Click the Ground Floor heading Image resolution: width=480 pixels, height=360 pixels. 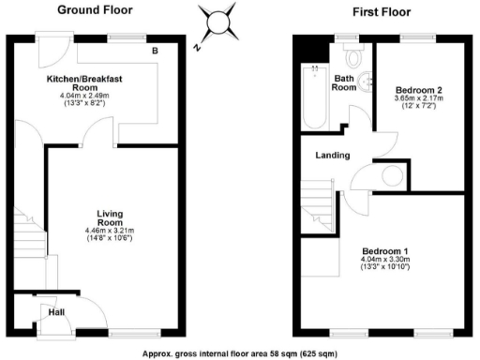click(x=95, y=11)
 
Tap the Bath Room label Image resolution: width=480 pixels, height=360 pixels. click(x=344, y=82)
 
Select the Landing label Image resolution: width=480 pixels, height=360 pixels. click(x=333, y=155)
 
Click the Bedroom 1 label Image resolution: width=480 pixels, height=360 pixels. click(x=386, y=250)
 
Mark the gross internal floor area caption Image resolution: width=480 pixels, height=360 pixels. click(x=239, y=353)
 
